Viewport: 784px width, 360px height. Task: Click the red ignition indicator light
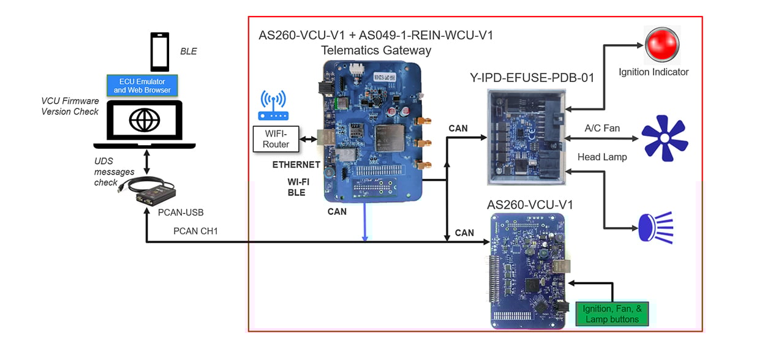pos(662,43)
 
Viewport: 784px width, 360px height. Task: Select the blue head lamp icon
pos(655,226)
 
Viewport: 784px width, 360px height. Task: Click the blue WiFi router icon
pos(274,106)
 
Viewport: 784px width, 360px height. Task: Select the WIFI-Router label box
pos(275,139)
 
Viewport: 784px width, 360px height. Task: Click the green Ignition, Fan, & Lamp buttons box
pos(612,313)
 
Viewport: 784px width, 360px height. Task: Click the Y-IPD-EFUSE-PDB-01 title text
pos(531,78)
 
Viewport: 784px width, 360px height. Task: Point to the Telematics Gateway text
pos(376,50)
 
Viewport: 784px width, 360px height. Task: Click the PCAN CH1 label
pos(195,231)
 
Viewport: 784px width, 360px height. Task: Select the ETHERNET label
pos(296,165)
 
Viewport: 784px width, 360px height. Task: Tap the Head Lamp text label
pos(602,157)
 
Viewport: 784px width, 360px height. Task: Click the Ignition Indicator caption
pos(653,72)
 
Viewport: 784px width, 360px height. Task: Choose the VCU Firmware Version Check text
pos(70,106)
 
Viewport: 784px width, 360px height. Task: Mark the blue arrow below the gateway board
pos(364,222)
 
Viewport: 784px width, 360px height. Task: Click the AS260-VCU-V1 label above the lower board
pos(530,204)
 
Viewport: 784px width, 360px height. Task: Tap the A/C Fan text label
pos(602,128)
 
